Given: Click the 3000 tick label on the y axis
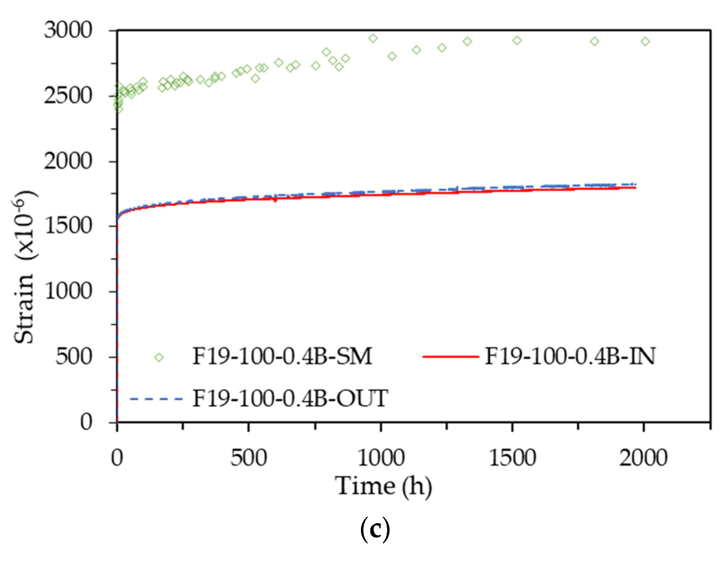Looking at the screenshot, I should pyautogui.click(x=68, y=30).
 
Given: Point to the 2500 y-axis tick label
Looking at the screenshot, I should pyautogui.click(x=68, y=96).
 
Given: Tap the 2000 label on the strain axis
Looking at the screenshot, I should pyautogui.click(x=68, y=161).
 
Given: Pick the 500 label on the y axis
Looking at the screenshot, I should pyautogui.click(x=74, y=357).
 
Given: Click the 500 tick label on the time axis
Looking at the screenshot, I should pyautogui.click(x=248, y=458).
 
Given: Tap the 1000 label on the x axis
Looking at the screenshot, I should pyautogui.click(x=381, y=458).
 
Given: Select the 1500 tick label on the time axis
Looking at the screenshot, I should pyautogui.click(x=512, y=458).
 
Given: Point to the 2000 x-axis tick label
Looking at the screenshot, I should pyautogui.click(x=644, y=458).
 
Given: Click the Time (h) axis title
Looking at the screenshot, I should pyautogui.click(x=383, y=486).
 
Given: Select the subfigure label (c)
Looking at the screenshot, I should pyautogui.click(x=375, y=530).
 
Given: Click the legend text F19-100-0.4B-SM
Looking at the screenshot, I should pyautogui.click(x=282, y=356).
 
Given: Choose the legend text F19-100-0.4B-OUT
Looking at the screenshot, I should pyautogui.click(x=290, y=399).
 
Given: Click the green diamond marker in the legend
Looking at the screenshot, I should pyautogui.click(x=159, y=357).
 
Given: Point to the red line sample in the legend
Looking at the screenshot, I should pyautogui.click(x=450, y=357).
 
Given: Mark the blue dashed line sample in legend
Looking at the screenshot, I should pyautogui.click(x=157, y=399).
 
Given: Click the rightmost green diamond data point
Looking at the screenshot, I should pyautogui.click(x=646, y=42).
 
